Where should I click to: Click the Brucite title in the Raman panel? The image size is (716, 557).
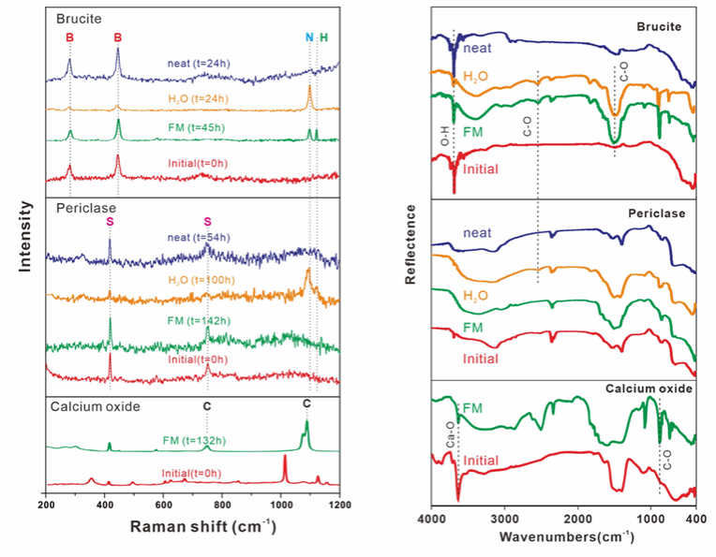79,17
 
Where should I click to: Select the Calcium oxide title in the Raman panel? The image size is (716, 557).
96,406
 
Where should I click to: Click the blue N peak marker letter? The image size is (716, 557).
309,37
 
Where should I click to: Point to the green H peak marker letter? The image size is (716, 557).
324,37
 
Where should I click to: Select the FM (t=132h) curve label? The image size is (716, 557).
202,438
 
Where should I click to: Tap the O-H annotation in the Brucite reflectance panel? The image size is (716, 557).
445,138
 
